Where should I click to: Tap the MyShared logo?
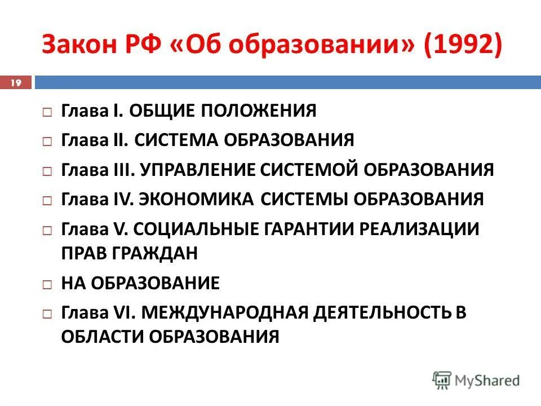pos(476,380)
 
